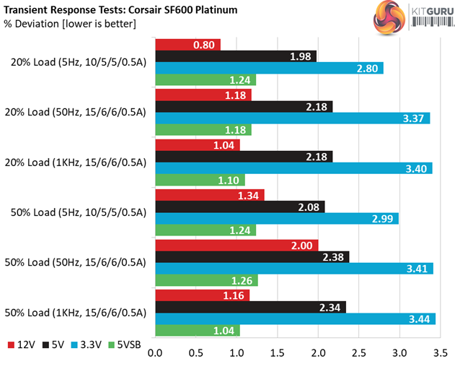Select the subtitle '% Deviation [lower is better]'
[69, 23]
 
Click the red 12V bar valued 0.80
[187, 45]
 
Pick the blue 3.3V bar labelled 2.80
[269, 69]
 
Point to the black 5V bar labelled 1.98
[236, 57]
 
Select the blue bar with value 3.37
[292, 118]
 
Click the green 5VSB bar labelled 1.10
[200, 180]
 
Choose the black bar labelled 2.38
[252, 256]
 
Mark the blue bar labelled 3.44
[295, 318]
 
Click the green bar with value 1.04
[197, 330]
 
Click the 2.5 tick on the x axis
[358, 355]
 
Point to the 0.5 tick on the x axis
[195, 355]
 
